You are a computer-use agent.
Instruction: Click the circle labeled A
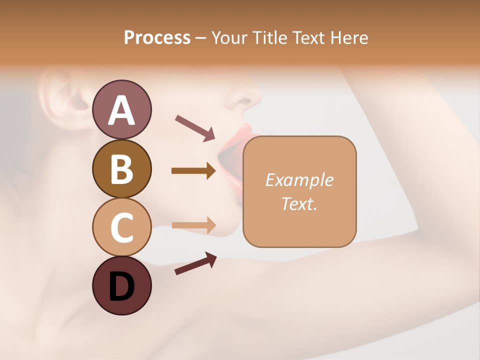click(x=122, y=109)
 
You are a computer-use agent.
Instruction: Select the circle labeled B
click(x=122, y=168)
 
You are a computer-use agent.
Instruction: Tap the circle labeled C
click(x=122, y=227)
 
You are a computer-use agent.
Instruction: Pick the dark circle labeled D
click(x=122, y=285)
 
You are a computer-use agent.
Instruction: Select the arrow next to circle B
click(x=193, y=171)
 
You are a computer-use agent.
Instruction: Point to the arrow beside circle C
click(x=193, y=225)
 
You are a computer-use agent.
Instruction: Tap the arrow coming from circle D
click(x=195, y=263)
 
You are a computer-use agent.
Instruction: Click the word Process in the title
click(x=157, y=37)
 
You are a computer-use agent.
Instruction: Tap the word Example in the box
click(x=299, y=180)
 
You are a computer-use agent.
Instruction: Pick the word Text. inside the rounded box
click(x=299, y=203)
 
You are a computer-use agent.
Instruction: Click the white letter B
click(x=122, y=168)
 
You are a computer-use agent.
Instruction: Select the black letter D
click(x=122, y=286)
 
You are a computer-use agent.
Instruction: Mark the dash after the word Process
click(x=201, y=38)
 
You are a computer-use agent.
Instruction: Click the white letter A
click(x=122, y=110)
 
